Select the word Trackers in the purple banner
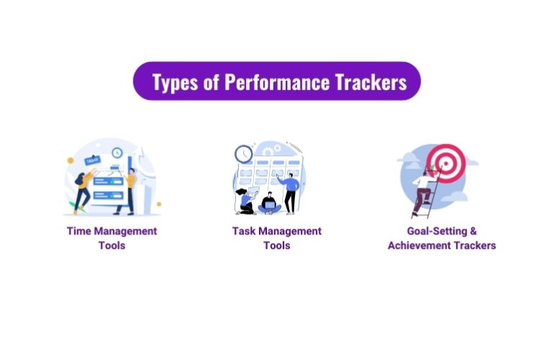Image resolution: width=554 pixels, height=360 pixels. pos(370,82)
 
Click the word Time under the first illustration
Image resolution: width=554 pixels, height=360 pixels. pos(79,231)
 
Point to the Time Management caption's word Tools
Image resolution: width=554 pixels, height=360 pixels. pos(111,245)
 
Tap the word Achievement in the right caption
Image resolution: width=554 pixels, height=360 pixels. pos(421,245)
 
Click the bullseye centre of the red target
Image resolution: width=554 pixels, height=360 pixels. pos(446,162)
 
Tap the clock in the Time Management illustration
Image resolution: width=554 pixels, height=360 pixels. pos(117,153)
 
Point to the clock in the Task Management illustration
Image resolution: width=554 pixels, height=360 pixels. pos(243,153)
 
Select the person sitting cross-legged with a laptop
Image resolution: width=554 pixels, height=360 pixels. pos(268,203)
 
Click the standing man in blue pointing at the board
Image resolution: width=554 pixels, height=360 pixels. pos(290,191)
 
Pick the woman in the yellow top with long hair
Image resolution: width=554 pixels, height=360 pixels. pos(81,189)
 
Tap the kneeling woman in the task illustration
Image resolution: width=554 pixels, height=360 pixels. pos(246,201)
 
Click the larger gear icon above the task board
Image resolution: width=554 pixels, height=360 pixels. pos(269,149)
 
